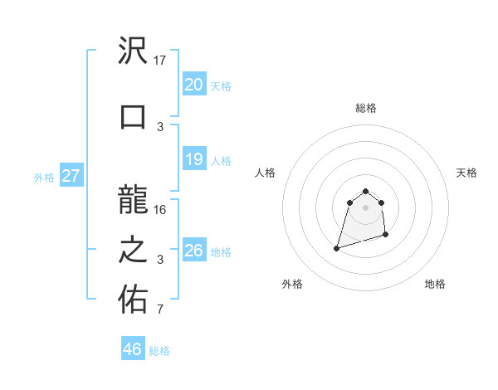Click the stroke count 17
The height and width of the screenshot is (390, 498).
point(161,60)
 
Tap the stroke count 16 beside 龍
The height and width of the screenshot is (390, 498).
point(161,209)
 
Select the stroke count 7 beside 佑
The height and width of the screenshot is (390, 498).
point(161,310)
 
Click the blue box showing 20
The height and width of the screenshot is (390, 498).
point(193,85)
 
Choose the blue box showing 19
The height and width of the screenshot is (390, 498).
point(193,159)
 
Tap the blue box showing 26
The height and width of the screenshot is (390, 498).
point(193,251)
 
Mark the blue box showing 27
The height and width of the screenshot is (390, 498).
point(71,176)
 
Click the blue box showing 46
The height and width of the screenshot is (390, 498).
point(133,349)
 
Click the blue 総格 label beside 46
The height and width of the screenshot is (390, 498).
point(159,351)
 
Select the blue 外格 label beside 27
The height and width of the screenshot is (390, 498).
point(44,177)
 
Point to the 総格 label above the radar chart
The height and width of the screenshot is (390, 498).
point(365,108)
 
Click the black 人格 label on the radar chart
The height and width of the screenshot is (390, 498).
point(266,173)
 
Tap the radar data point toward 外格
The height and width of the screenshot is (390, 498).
point(337,247)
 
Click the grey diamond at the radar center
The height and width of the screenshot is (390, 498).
point(365,207)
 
